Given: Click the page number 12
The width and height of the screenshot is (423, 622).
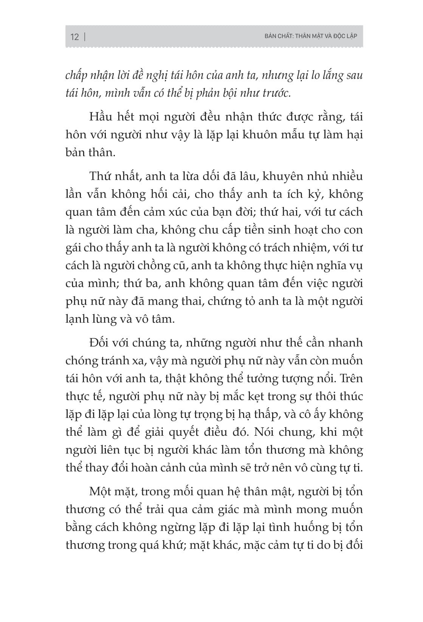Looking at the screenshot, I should tap(75, 37).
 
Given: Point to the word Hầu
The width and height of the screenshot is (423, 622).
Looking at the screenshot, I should tap(101, 117).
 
